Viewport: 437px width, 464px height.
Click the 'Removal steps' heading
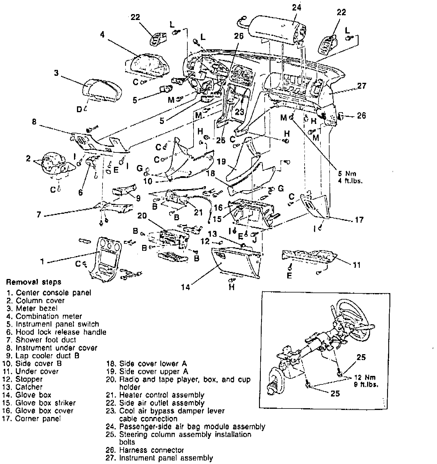(x=33, y=282)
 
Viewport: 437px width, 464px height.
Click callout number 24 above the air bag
(x=297, y=7)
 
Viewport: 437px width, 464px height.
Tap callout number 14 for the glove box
(x=186, y=287)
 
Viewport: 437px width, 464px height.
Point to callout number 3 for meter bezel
(x=56, y=73)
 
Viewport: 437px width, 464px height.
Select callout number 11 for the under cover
(x=356, y=265)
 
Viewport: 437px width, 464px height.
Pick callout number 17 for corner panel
(x=359, y=220)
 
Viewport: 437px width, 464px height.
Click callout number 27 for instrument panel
(x=362, y=86)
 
